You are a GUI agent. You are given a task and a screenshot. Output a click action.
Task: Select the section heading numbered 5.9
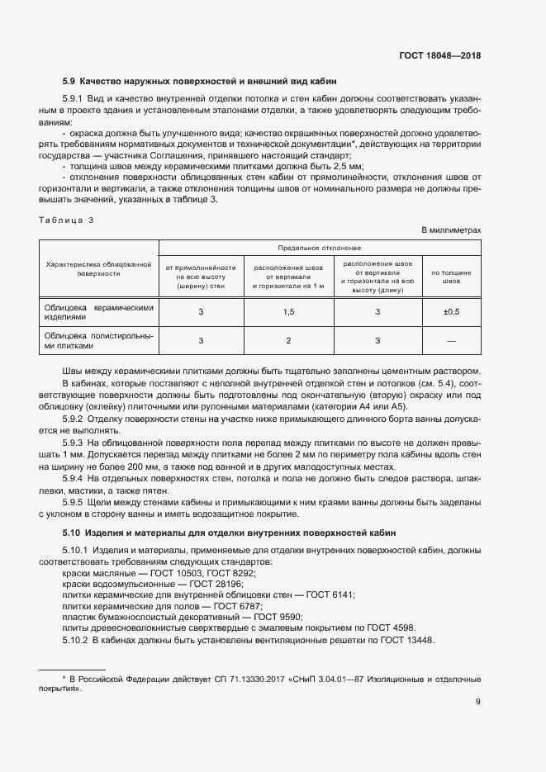tap(187, 82)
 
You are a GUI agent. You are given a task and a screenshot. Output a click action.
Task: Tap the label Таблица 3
tap(67, 220)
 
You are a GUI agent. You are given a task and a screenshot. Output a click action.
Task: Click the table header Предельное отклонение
tap(319, 247)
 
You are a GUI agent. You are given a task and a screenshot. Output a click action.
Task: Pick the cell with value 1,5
tap(289, 311)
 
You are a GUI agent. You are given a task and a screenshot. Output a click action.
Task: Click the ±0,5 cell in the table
tap(451, 311)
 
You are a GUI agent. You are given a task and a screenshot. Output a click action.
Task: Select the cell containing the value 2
tap(289, 340)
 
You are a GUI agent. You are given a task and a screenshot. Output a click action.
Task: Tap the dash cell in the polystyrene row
tap(451, 340)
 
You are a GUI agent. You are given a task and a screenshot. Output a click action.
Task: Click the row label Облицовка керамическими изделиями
tap(99, 311)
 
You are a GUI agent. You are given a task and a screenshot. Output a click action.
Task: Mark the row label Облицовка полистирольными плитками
tap(99, 340)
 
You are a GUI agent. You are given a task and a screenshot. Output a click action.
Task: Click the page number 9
tap(477, 703)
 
